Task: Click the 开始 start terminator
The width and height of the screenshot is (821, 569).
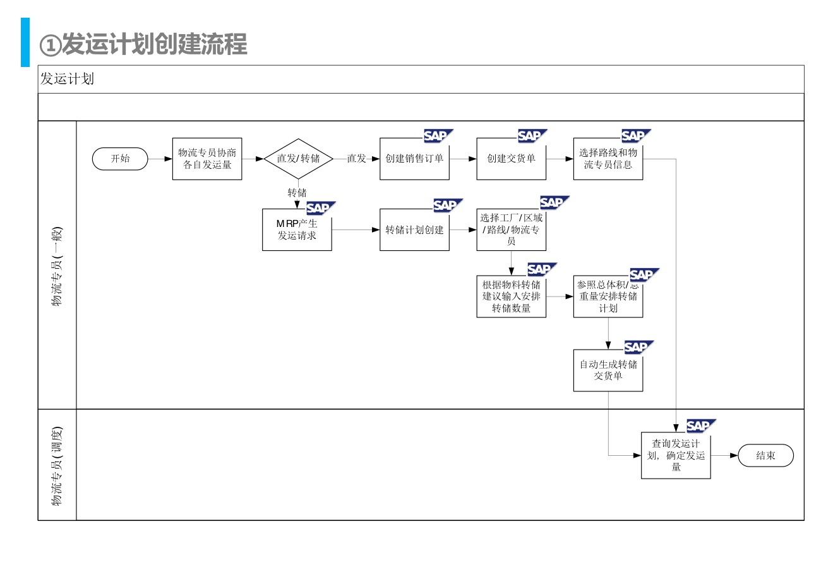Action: tap(120, 159)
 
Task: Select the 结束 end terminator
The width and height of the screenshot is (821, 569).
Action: tap(765, 455)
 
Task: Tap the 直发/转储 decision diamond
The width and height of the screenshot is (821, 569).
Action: tap(298, 159)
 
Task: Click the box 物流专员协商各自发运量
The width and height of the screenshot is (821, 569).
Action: tap(207, 159)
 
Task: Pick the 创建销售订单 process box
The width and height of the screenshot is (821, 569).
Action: tap(414, 159)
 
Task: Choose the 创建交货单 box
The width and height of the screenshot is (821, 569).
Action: tap(511, 159)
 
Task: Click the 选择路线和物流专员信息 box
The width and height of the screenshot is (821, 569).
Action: tap(608, 159)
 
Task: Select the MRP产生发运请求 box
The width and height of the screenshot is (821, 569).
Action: tap(297, 229)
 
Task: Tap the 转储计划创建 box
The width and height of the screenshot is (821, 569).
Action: tap(414, 229)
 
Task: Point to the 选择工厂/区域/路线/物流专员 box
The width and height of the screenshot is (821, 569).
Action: tap(511, 229)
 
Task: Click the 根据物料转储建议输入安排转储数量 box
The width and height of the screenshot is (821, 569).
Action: tap(511, 297)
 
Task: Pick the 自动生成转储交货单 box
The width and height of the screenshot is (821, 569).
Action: tap(608, 370)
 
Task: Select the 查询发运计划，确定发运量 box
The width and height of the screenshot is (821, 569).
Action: tap(676, 455)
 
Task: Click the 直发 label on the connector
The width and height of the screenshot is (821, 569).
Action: tap(356, 159)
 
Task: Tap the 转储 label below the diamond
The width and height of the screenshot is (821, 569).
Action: tap(297, 193)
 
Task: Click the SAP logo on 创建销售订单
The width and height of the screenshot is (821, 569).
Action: tap(437, 136)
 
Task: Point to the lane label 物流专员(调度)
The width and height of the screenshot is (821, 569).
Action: tap(57, 465)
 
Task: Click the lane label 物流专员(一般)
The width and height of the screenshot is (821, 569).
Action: tap(57, 266)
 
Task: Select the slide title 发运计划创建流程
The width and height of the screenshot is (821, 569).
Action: tap(143, 44)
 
